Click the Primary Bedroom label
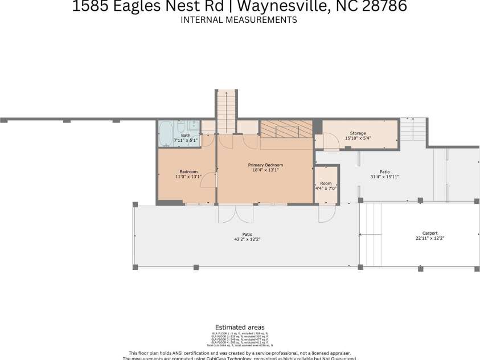265,165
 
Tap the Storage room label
358,133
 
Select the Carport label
430,233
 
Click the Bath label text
186,136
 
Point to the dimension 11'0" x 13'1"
188,177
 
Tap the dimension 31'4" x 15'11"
385,177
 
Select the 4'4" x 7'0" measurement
326,189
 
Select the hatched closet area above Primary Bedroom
286,129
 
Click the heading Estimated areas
240,328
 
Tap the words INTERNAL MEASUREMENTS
239,20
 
